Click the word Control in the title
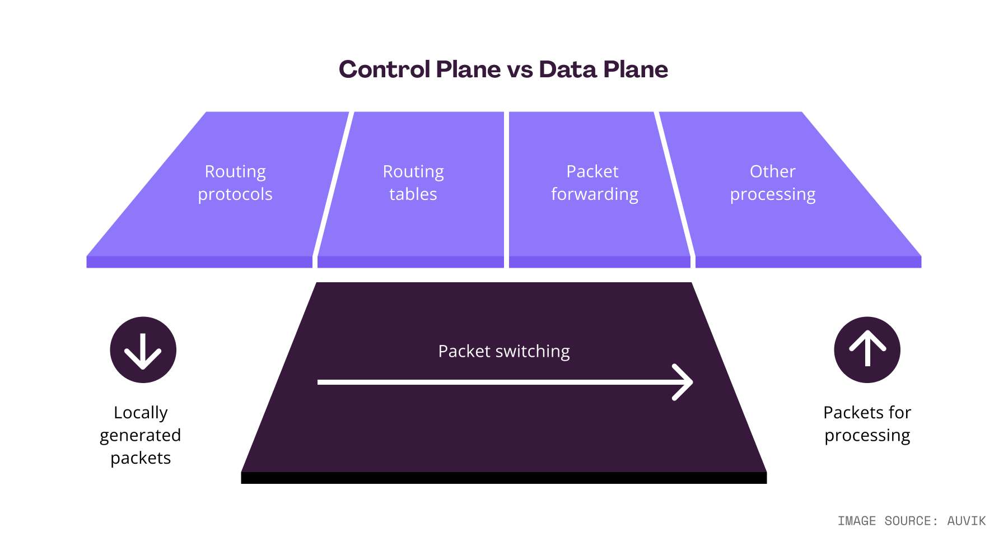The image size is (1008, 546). point(385,69)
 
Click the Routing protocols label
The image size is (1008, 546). point(235,183)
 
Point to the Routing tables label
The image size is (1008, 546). point(413,183)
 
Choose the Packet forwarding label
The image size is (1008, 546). point(594,183)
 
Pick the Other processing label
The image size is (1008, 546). point(773,183)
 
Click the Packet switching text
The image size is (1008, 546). point(504,351)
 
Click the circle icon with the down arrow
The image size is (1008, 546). point(143,350)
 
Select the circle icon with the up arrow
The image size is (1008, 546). point(867,350)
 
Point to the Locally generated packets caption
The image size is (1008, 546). point(141,435)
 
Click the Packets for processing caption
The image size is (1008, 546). point(867,424)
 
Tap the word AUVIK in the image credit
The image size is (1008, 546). point(966,521)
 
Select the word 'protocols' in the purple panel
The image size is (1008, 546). point(235,194)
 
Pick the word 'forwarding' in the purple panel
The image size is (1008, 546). point(594,194)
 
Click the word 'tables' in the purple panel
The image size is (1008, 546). point(413,194)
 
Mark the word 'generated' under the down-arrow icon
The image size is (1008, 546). point(141,436)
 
